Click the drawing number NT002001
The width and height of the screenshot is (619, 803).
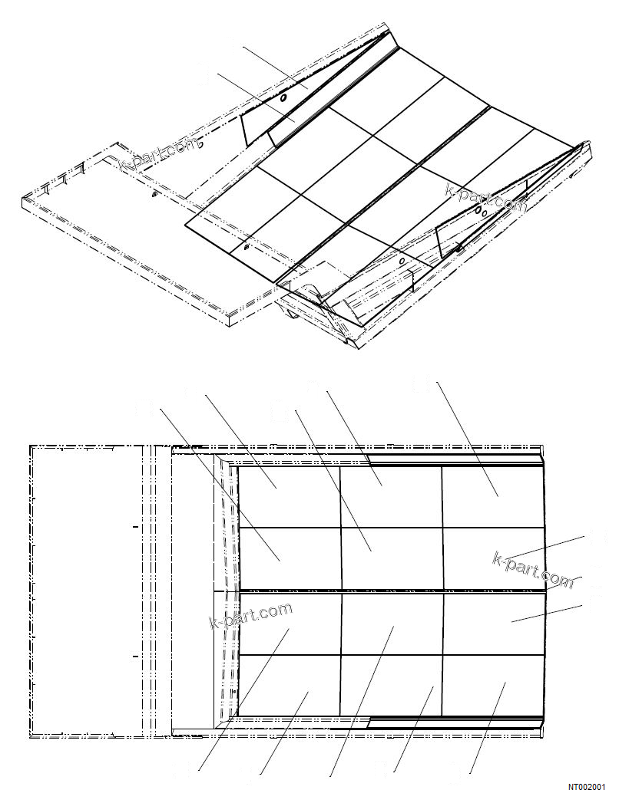(587, 787)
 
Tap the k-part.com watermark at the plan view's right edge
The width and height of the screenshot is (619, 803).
(533, 569)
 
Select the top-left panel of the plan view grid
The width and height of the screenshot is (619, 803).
(289, 496)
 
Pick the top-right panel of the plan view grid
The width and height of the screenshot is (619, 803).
(493, 496)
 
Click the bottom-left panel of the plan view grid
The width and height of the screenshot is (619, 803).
(289, 685)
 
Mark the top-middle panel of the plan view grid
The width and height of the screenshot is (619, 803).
(391, 496)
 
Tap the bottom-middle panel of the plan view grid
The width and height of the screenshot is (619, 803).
(391, 685)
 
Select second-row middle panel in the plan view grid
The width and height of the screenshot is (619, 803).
(391, 558)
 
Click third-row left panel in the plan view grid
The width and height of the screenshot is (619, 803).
(289, 622)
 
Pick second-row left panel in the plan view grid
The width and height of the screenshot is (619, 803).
(289, 558)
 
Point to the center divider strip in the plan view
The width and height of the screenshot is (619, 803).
(392, 590)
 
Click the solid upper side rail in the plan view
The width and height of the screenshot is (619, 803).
(456, 460)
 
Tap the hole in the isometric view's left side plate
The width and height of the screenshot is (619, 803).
(283, 99)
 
